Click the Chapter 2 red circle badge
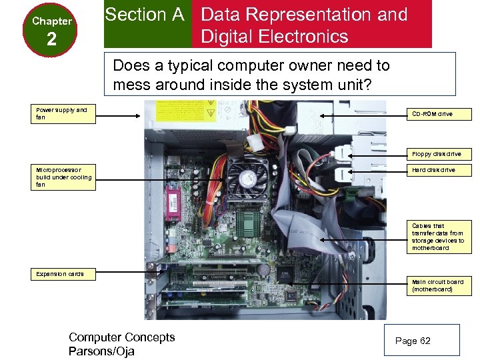point(51,31)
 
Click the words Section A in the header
point(145,15)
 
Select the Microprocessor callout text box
point(65,177)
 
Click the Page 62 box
point(422,341)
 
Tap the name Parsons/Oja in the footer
point(101,351)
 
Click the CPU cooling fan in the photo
point(248,178)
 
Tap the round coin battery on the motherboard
point(263,270)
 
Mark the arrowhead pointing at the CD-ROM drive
point(323,115)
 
